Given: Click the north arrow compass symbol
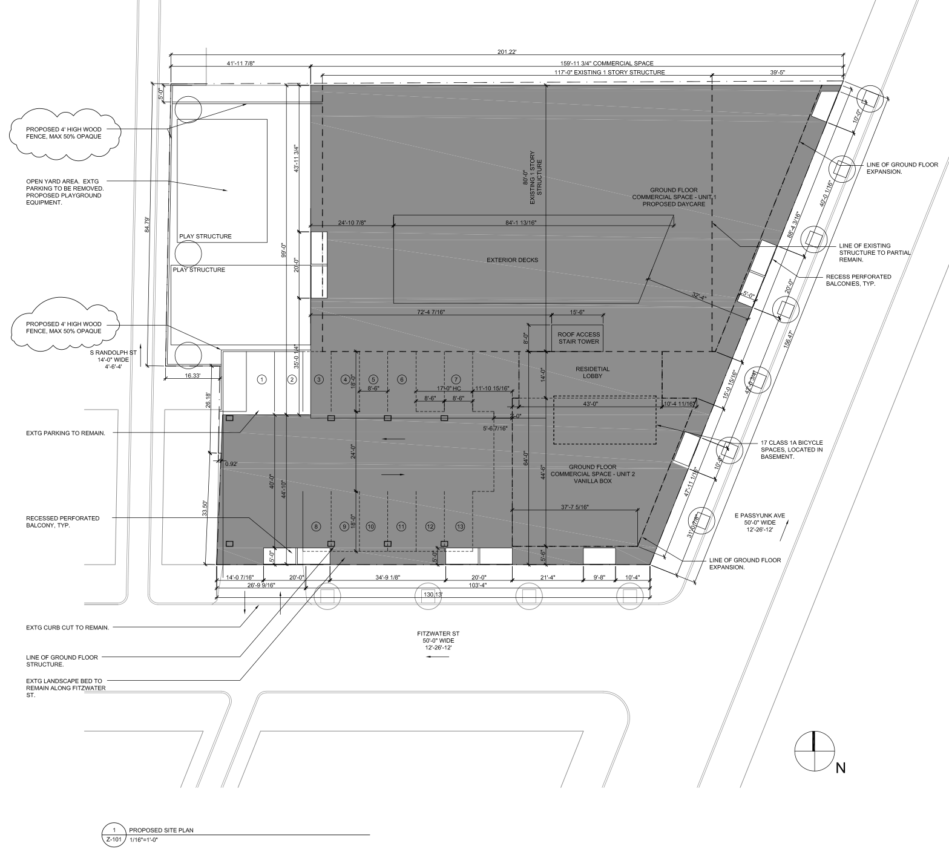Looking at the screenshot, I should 813,751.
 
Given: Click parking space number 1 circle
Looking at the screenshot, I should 261,379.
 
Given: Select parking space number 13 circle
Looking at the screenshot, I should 460,526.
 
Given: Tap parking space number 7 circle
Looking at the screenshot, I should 456,379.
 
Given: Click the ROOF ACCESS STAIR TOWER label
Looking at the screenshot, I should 579,338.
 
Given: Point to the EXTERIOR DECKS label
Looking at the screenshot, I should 512,260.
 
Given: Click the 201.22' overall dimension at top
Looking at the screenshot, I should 507,52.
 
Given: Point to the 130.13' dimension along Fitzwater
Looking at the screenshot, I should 433,595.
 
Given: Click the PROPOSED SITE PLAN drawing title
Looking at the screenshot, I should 161,830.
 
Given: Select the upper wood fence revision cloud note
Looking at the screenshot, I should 65,133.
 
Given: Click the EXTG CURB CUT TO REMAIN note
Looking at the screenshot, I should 68,628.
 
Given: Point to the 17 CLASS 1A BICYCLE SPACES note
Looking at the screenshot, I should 792,450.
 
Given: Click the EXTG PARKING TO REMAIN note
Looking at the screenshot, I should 65,433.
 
